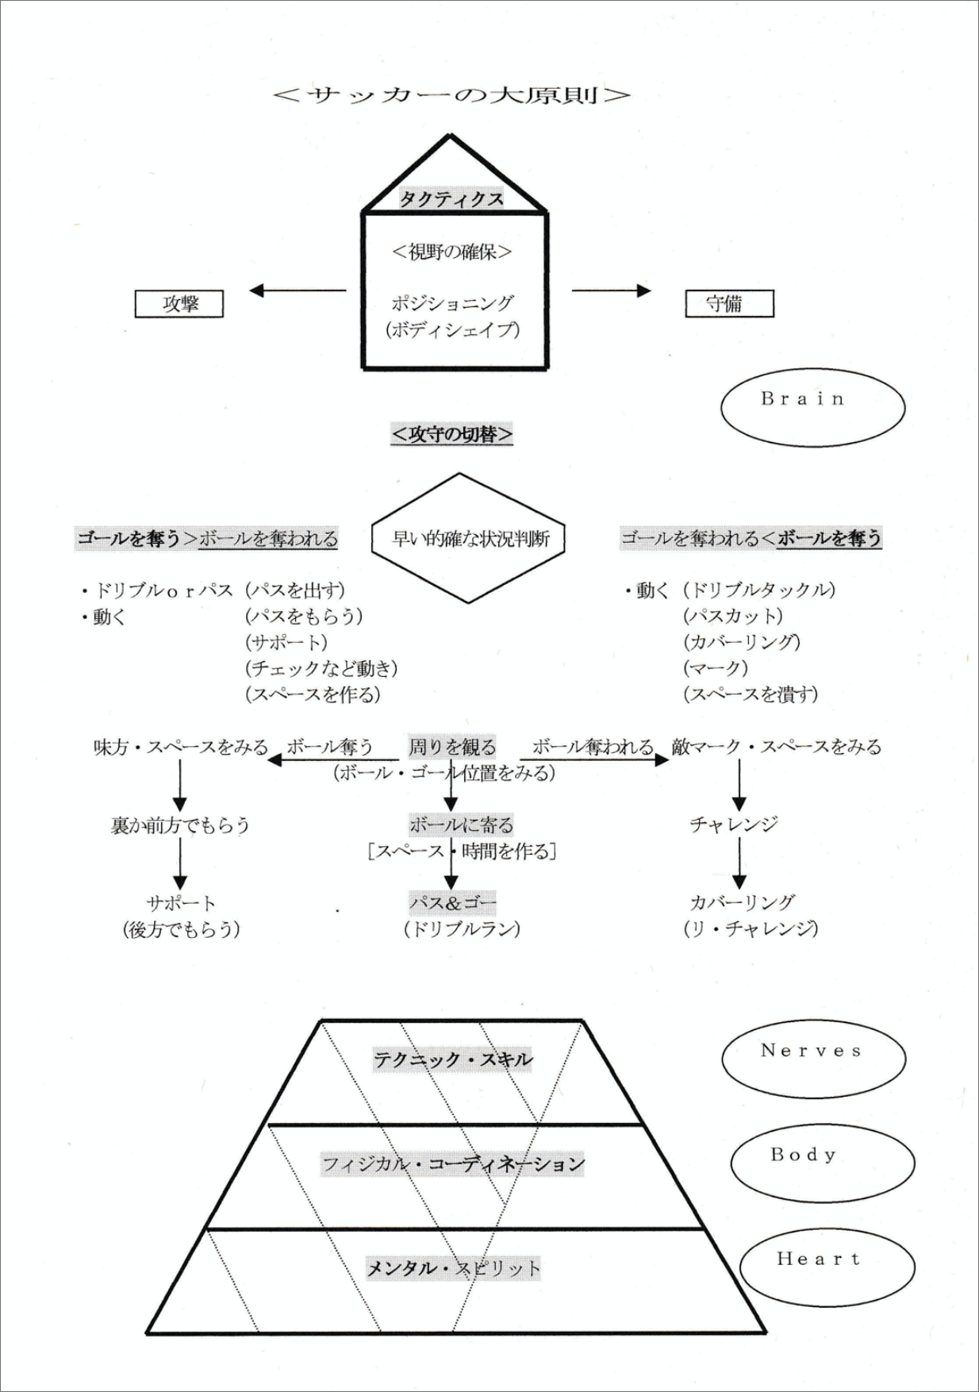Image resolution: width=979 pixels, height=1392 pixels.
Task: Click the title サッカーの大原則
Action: click(x=451, y=95)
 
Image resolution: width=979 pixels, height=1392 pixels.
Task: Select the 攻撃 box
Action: click(x=179, y=304)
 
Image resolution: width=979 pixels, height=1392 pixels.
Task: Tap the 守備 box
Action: click(x=729, y=304)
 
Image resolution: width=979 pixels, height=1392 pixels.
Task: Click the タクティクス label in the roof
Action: click(x=451, y=198)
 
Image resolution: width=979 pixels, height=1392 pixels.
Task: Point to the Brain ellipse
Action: click(x=812, y=407)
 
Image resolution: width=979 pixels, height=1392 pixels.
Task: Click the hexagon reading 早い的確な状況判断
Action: click(x=470, y=539)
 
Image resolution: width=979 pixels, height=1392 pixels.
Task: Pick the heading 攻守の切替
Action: click(x=451, y=434)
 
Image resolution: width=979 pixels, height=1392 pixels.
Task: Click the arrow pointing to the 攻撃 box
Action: click(x=298, y=290)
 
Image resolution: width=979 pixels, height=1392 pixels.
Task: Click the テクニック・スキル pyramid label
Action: click(x=453, y=1059)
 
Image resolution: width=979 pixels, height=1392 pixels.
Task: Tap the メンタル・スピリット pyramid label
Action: click(x=453, y=1268)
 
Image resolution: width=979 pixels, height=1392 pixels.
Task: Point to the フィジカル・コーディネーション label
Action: click(x=453, y=1164)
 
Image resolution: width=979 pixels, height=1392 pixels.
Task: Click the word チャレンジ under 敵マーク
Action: click(x=734, y=825)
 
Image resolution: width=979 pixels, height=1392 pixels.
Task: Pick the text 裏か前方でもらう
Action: click(x=180, y=825)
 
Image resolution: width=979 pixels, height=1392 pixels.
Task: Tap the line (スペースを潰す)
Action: click(x=751, y=694)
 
